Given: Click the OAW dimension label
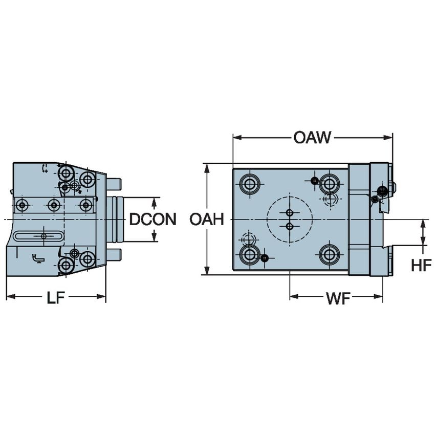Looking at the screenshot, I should click(312, 137).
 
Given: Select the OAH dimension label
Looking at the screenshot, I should click(207, 220).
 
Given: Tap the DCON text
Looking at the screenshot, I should click(152, 220).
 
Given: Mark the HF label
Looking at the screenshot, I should click(421, 265).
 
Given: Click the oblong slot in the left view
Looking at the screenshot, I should click(39, 236).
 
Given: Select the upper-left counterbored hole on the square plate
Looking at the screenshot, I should click(250, 183).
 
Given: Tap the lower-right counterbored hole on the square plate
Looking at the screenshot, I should click(330, 254).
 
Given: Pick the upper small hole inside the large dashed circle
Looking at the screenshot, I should click(290, 212).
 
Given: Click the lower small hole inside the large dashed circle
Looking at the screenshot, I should click(290, 226).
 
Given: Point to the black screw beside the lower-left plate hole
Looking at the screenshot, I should click(264, 258).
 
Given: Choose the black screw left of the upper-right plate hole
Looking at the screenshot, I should click(315, 180).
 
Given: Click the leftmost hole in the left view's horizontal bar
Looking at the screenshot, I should click(21, 205).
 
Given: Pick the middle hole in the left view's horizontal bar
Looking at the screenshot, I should click(54, 205).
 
